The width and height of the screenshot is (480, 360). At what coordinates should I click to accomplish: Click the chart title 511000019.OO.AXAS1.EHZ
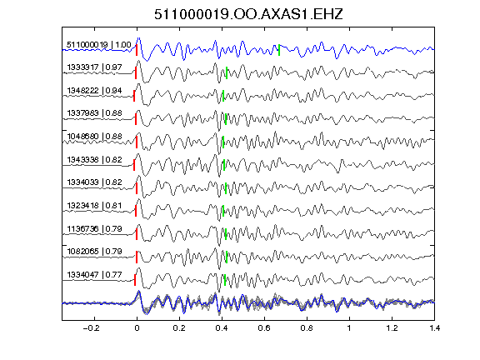point(248,14)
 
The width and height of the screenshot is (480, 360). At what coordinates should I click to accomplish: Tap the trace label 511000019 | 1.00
point(99,45)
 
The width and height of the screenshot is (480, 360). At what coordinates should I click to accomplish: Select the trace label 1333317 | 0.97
point(95,67)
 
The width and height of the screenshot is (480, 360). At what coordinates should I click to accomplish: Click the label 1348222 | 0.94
point(95,91)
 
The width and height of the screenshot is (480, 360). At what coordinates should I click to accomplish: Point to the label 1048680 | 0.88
point(95,136)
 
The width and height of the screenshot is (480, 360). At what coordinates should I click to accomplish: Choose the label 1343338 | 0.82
point(95,160)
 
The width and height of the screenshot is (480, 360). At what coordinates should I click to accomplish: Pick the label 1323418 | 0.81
point(95,205)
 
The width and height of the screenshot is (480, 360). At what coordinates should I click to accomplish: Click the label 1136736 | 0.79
point(95,228)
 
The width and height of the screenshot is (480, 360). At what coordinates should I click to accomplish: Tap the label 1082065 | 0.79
point(95,252)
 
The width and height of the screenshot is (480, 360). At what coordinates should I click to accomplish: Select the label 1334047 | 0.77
point(95,275)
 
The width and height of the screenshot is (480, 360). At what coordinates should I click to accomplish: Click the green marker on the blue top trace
point(279,50)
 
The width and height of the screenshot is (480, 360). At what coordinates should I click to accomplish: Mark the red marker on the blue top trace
point(137,50)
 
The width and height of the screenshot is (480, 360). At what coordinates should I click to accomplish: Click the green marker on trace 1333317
point(227,72)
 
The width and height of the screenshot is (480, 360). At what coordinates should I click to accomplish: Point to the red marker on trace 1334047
point(135,280)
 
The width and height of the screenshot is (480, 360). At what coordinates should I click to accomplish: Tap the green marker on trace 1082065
point(227,257)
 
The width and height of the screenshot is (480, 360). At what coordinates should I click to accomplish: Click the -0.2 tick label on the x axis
point(91,328)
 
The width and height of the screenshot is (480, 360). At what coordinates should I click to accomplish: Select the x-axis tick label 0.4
point(222,328)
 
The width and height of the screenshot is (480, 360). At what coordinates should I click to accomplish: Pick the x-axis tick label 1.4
point(434,328)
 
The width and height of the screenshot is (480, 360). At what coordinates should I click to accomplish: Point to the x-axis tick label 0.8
point(307,328)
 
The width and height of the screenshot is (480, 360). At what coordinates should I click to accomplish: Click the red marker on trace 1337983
point(136,119)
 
